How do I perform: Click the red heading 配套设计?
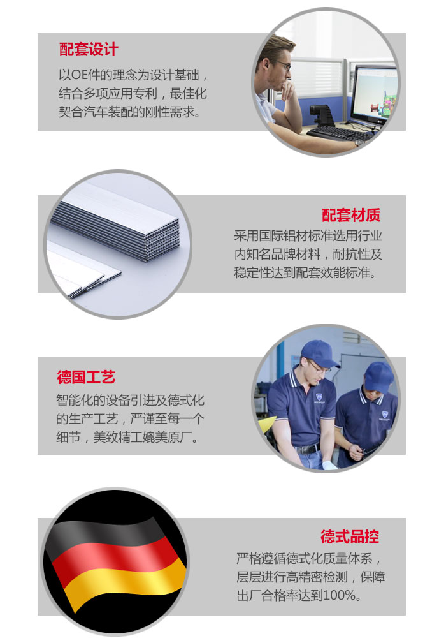click(x=89, y=49)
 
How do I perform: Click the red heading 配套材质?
click(x=351, y=215)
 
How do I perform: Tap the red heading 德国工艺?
click(x=86, y=377)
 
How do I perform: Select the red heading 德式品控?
click(x=350, y=536)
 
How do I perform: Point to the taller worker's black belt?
click(x=307, y=448)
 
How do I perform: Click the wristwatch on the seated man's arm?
click(x=359, y=142)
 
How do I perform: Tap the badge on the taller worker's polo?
click(x=319, y=397)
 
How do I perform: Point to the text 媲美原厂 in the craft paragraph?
click(x=167, y=437)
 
